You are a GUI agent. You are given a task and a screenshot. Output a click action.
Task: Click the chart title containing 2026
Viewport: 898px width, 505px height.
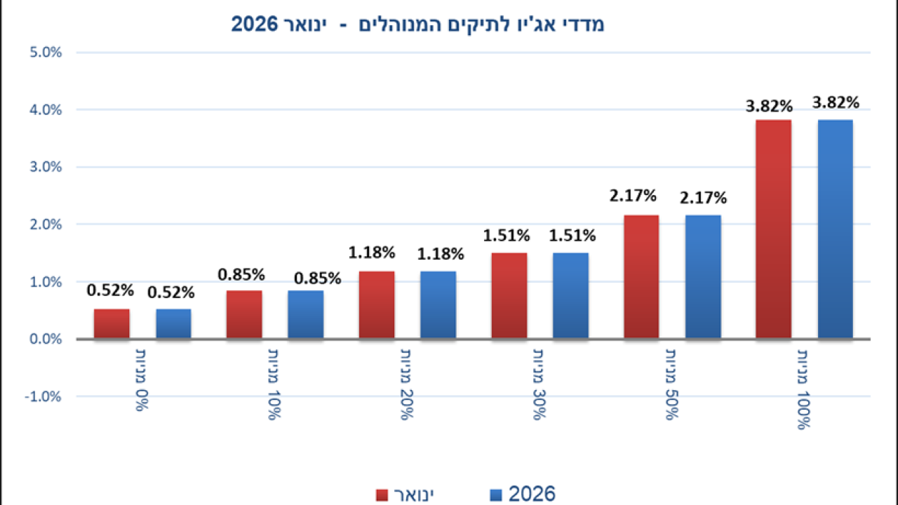[x=417, y=25]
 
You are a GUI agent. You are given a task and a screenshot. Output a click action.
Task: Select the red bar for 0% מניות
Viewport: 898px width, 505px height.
[x=112, y=324]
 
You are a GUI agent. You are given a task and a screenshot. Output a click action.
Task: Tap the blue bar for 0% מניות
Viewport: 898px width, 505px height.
[x=173, y=324]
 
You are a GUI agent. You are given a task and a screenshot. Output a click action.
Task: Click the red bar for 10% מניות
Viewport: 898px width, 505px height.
[x=244, y=315]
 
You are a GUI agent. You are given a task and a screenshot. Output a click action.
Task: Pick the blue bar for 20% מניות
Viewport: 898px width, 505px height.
[x=438, y=305]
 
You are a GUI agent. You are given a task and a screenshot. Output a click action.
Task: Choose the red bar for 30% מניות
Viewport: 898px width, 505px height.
[x=509, y=296]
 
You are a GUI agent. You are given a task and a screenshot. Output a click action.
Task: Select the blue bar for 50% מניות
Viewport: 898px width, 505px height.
[x=703, y=277]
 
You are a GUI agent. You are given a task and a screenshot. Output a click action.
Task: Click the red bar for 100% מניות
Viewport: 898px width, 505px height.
[x=774, y=229]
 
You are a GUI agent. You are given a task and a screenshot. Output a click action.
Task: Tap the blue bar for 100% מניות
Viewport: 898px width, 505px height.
[x=836, y=229]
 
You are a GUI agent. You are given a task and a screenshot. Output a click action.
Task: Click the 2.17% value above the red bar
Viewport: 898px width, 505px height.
[x=633, y=194]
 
